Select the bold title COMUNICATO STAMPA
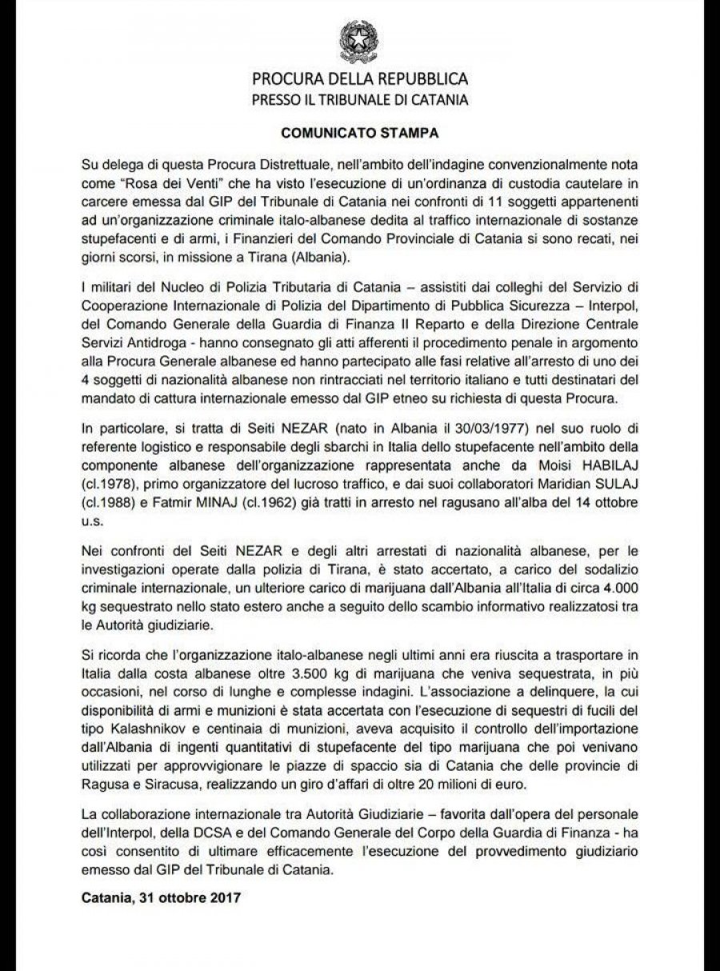tap(360, 128)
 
